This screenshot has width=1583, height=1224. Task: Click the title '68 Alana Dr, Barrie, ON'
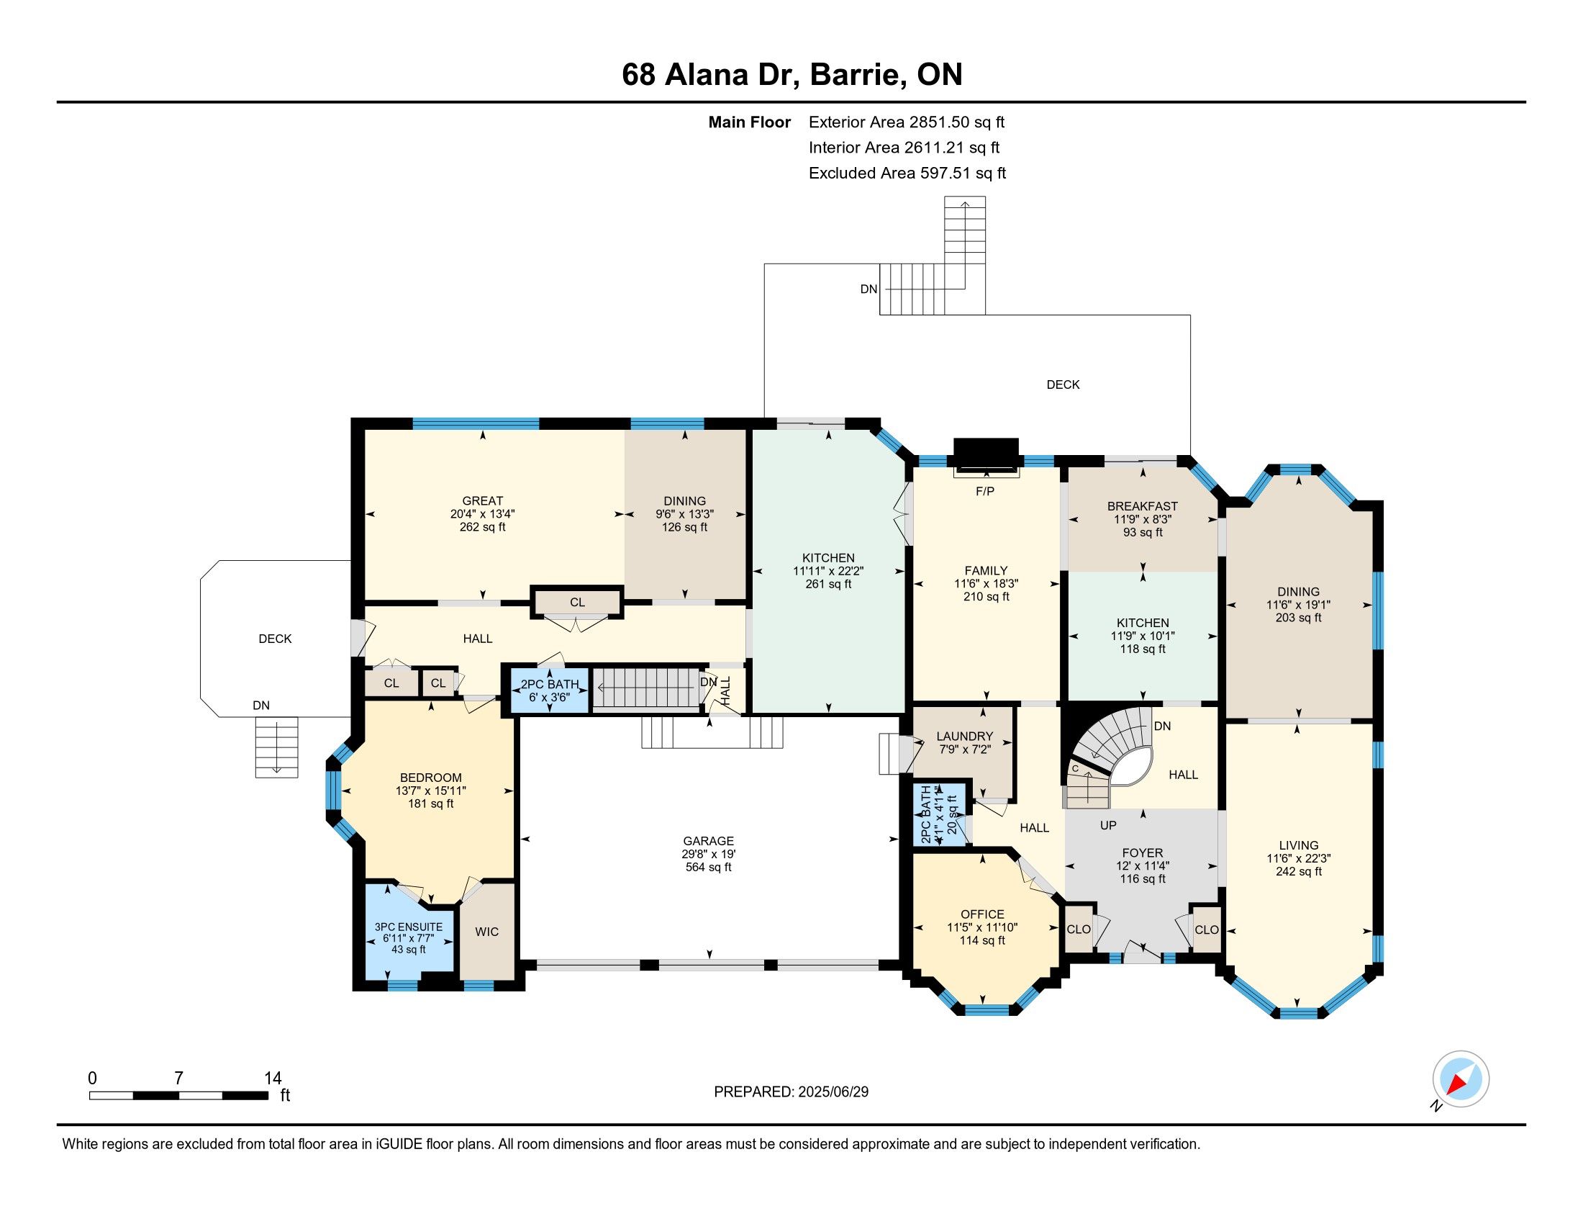point(792,75)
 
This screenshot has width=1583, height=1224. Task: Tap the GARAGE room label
point(708,841)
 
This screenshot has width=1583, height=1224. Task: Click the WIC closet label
point(487,932)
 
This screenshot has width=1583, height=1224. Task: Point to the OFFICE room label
point(982,914)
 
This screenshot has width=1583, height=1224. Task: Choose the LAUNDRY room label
point(964,736)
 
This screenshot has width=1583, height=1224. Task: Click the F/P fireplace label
point(984,492)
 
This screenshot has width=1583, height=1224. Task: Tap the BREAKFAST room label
point(1143,506)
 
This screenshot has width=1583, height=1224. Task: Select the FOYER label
point(1143,852)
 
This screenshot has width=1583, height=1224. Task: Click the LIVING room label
point(1298,845)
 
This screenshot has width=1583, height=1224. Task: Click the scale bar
point(178,1096)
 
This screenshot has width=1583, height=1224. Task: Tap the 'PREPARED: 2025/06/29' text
point(791,1092)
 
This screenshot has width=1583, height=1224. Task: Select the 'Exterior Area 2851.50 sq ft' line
point(907,122)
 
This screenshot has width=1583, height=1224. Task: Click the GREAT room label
point(482,501)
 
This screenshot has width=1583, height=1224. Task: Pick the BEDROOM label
point(430,778)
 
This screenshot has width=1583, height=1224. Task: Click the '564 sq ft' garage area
point(708,868)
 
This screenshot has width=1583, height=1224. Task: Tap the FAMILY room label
point(986,571)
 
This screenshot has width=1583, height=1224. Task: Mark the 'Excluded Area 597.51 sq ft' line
point(907,174)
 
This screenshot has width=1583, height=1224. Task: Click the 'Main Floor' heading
point(750,122)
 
